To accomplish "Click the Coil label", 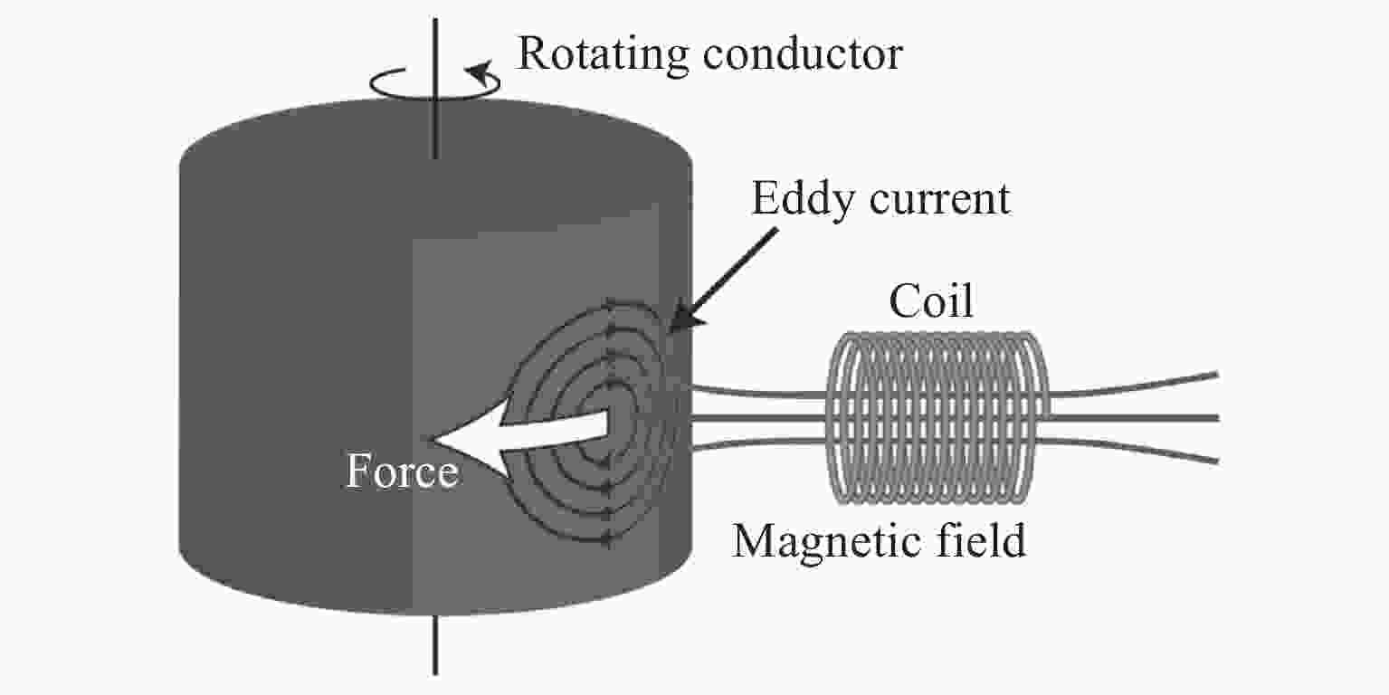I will pyautogui.click(x=930, y=302).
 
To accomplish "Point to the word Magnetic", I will pyautogui.click(x=821, y=541).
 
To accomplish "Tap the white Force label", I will pyautogui.click(x=401, y=473).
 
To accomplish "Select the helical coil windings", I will pyautogui.click(x=937, y=417).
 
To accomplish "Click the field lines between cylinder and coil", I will pyautogui.click(x=760, y=418).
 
